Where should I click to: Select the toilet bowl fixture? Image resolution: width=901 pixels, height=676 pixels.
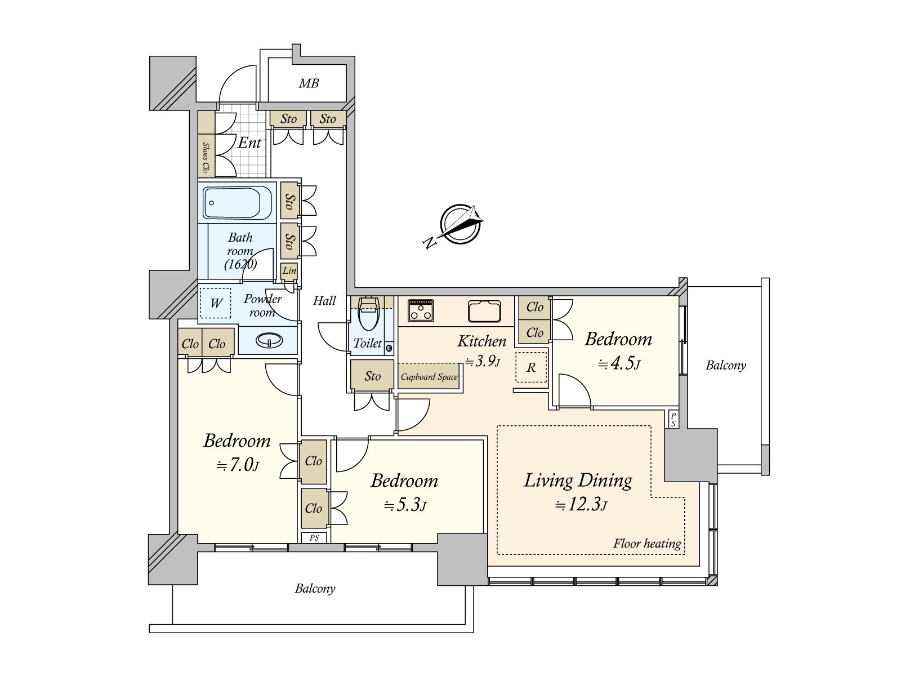[x=368, y=315]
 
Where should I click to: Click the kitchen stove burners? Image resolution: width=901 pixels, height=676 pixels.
[x=421, y=310]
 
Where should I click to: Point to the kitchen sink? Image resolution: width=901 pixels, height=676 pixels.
[x=484, y=311]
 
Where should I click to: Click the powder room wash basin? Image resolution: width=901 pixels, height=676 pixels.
[x=269, y=340]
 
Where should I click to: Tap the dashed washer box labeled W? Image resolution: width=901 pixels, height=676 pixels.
[x=216, y=303]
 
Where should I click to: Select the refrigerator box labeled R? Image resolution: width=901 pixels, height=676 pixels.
[x=531, y=367]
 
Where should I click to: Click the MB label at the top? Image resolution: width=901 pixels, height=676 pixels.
[x=309, y=84]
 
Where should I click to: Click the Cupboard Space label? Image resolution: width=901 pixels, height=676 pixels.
[x=429, y=377]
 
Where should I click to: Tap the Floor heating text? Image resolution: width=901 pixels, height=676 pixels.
[x=647, y=544]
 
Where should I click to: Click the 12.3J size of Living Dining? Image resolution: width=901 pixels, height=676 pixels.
[x=581, y=504]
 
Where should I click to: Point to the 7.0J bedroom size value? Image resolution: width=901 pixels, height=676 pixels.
[x=238, y=465]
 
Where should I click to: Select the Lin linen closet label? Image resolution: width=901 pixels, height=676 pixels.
[x=289, y=271]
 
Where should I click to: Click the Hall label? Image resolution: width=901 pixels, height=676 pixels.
[x=324, y=301]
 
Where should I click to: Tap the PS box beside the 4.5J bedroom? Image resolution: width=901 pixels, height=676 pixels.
[x=673, y=420]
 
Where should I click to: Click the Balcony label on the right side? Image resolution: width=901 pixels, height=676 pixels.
[x=725, y=366]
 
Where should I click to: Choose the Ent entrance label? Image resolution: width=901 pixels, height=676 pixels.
[x=249, y=143]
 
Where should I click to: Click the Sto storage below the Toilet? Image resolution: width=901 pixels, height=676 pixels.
[x=372, y=376]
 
